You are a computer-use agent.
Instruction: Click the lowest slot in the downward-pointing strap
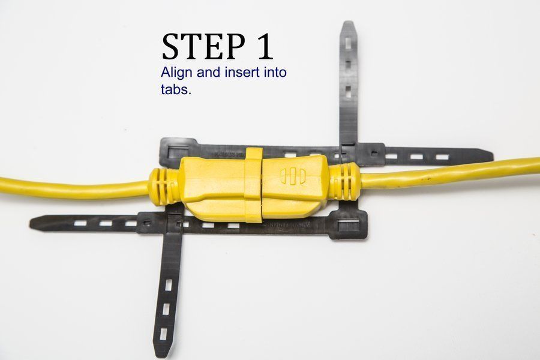coord(162,331)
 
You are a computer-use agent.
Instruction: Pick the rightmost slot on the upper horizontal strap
coord(442,157)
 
